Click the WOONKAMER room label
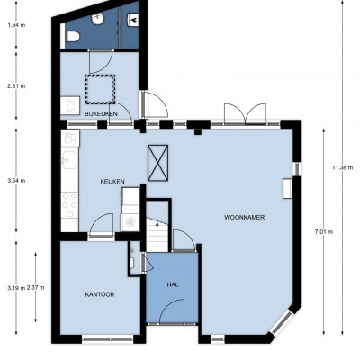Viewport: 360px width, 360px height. pyautogui.click(x=245, y=218)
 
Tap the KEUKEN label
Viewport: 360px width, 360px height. pyautogui.click(x=112, y=182)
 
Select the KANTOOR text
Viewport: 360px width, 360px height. pyautogui.click(x=100, y=294)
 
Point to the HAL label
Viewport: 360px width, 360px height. pyautogui.click(x=173, y=284)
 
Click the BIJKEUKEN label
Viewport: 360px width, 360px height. pyautogui.click(x=101, y=114)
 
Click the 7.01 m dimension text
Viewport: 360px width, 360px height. pyautogui.click(x=324, y=231)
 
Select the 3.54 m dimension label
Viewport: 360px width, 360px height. pyautogui.click(x=16, y=181)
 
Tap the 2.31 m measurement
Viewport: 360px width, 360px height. pyautogui.click(x=16, y=86)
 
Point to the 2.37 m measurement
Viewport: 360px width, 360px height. pyautogui.click(x=35, y=287)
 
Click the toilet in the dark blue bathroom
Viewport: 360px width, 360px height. pyautogui.click(x=72, y=37)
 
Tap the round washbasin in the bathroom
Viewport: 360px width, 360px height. pyautogui.click(x=98, y=19)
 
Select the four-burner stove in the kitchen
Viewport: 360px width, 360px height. pyautogui.click(x=69, y=204)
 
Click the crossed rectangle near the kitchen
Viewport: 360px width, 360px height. pyautogui.click(x=157, y=163)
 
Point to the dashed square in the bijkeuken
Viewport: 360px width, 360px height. pyautogui.click(x=100, y=89)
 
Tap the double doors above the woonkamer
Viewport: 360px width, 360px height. pyautogui.click(x=246, y=113)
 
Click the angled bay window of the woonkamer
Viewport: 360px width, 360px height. pyautogui.click(x=281, y=322)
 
